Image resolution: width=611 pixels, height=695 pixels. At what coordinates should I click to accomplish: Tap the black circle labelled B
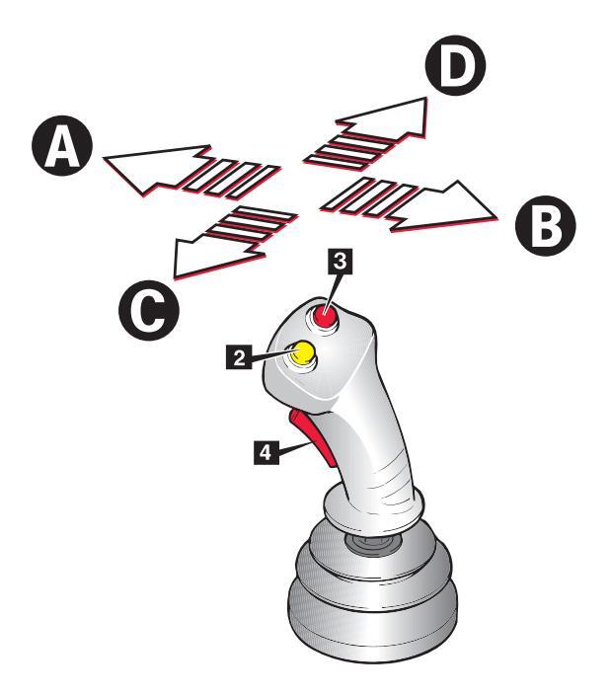pyautogui.click(x=543, y=229)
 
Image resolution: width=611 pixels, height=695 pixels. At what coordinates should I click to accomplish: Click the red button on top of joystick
pyautogui.click(x=326, y=318)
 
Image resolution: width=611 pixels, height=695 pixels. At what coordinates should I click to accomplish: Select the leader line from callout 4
pyautogui.click(x=286, y=449)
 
